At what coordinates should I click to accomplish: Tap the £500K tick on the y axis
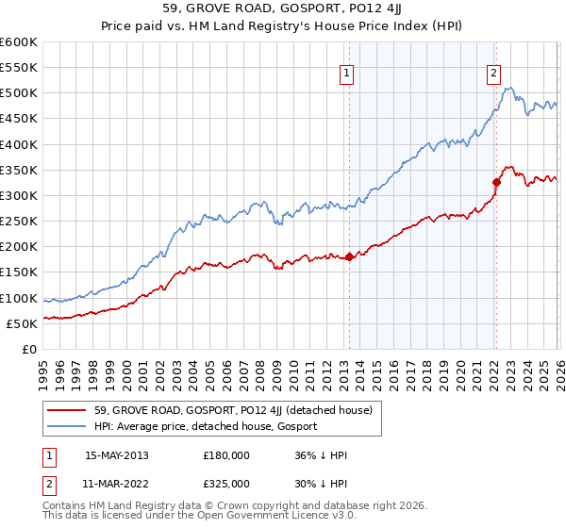point(19,93)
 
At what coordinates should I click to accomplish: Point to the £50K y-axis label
point(22,323)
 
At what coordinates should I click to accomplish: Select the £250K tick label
point(19,222)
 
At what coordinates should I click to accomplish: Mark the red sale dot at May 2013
point(349,256)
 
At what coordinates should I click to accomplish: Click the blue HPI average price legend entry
point(206,427)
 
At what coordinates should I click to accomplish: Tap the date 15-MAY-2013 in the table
point(117,455)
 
